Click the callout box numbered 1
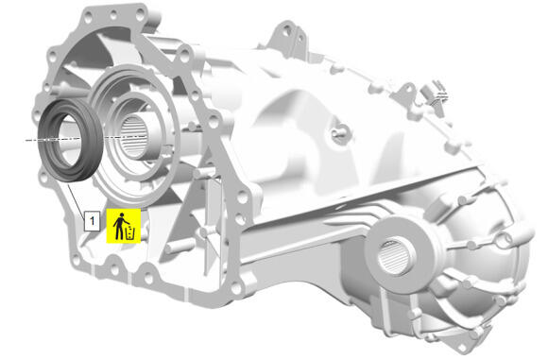[92, 220]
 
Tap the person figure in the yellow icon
[120, 226]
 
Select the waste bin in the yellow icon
[130, 233]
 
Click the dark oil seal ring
[70, 140]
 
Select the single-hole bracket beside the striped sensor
[407, 92]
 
